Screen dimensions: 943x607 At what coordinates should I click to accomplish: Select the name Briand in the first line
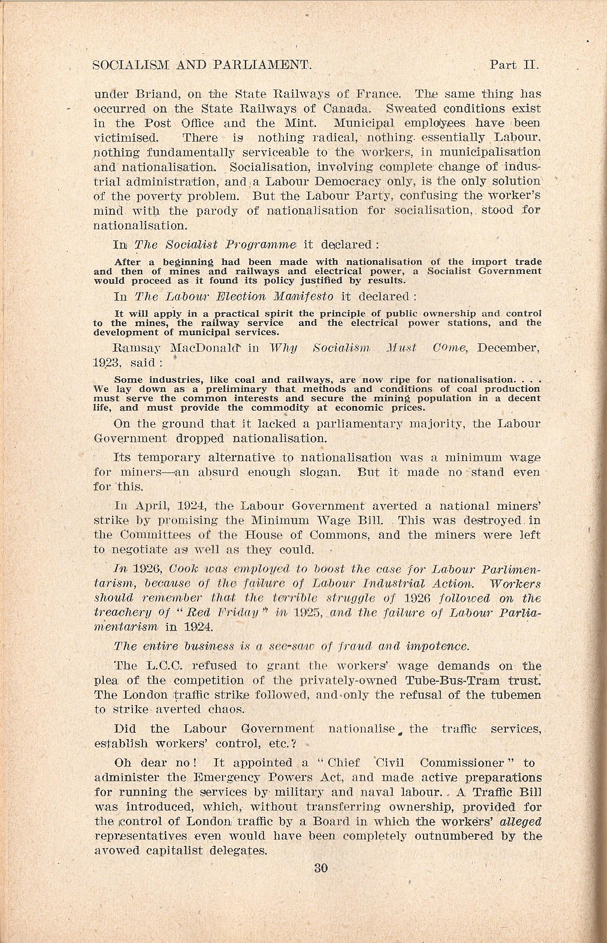(156, 95)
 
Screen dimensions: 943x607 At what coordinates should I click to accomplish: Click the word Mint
(303, 123)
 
